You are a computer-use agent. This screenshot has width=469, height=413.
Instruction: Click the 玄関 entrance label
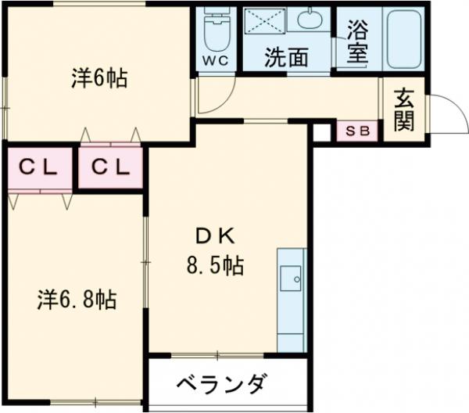403,110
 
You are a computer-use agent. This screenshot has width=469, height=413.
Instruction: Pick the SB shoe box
357,131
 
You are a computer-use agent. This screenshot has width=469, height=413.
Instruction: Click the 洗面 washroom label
285,56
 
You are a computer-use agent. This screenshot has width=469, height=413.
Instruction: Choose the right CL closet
110,167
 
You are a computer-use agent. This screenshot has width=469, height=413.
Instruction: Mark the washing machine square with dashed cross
265,21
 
